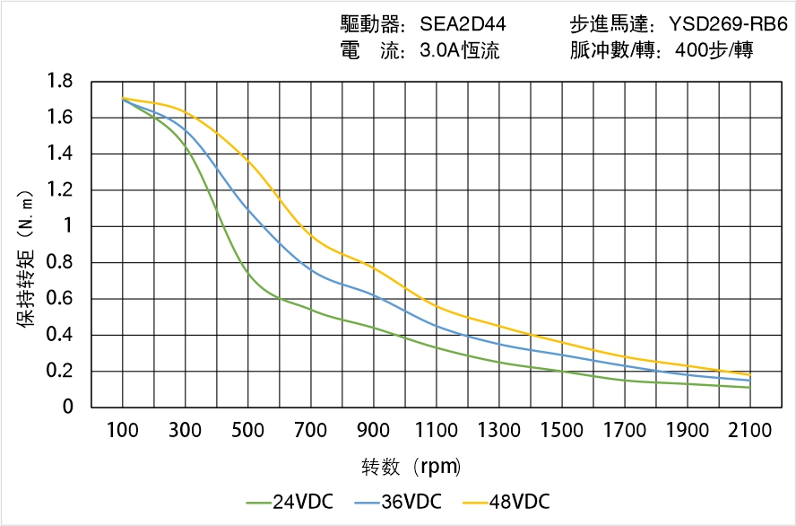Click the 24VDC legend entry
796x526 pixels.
(x=290, y=501)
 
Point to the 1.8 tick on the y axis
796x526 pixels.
(x=60, y=82)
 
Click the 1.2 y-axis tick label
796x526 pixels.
(x=60, y=190)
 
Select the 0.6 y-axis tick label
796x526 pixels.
(x=60, y=299)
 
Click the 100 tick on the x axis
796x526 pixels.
(x=122, y=430)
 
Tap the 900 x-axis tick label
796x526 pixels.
(x=373, y=430)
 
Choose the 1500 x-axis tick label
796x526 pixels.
(x=562, y=430)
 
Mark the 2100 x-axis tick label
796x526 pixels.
(x=750, y=430)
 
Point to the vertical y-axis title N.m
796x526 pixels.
(x=26, y=257)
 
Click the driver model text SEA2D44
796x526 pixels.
(x=463, y=23)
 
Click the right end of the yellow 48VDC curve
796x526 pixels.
(x=749, y=374)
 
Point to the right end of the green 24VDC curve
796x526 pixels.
(x=749, y=387)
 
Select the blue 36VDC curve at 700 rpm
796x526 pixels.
(x=310, y=268)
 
